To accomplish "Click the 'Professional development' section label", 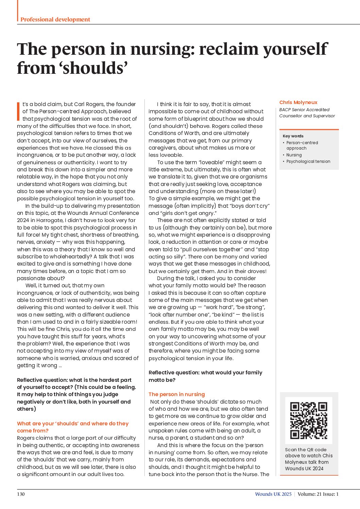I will pos(55,19).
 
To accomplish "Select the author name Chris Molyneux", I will pos(298,102).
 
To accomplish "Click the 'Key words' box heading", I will pos(293,136).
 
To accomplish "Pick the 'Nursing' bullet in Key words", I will pos(294,155).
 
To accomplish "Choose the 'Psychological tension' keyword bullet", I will pos(308,162).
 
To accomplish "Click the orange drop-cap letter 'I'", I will pos(18,111).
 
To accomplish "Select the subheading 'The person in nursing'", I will pos(177,394).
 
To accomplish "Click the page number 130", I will pos(21,494).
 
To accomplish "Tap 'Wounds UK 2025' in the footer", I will pos(273,494).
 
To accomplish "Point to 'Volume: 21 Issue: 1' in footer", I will pos(318,494).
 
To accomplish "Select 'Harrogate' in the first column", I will pos(50,220).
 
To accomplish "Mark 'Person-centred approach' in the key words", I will pos(302,146).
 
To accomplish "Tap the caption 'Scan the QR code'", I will pos(306,449).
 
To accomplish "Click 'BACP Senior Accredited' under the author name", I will pos(304,110).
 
